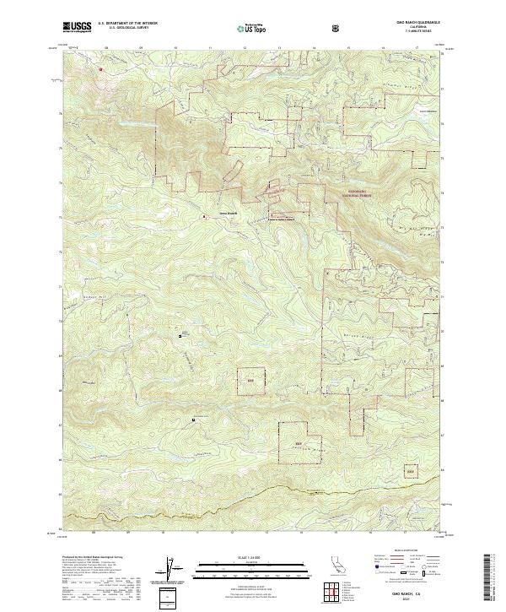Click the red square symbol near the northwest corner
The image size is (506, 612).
100,69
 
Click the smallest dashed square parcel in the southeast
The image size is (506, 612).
412,470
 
